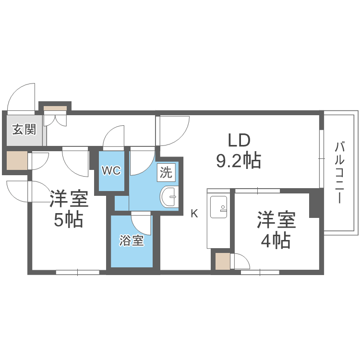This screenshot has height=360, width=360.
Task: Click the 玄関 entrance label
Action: (24, 129)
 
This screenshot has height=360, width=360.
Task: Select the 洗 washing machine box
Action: (166, 172)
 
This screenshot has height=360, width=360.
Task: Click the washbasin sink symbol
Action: (169, 197)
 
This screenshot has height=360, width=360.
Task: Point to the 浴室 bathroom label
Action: (132, 240)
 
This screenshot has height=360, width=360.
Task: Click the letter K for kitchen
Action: (194, 214)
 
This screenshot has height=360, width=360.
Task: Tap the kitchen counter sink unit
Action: (219, 218)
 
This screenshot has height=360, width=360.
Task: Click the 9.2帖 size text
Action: (239, 161)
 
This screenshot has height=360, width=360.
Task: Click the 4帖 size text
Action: (276, 240)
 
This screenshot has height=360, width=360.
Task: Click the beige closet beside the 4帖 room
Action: (222, 261)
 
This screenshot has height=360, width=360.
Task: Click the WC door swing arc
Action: (114, 136)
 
